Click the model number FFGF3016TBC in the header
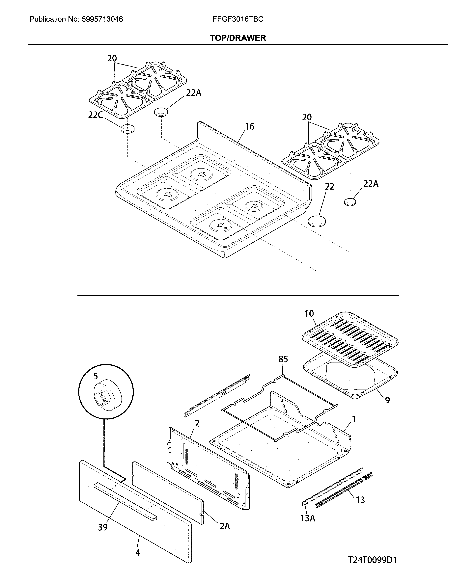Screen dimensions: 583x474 click(x=238, y=19)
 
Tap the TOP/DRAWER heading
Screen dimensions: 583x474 click(x=238, y=38)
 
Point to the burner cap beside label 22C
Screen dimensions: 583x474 click(x=127, y=129)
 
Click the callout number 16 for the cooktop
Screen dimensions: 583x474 click(x=249, y=126)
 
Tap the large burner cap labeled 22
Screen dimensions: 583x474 click(x=317, y=221)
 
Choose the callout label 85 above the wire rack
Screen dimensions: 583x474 click(x=283, y=359)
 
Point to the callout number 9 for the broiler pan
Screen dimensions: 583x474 click(x=387, y=400)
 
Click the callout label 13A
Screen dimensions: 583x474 click(x=308, y=518)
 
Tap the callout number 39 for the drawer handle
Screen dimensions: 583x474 click(x=103, y=527)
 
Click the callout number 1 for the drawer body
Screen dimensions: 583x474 click(x=354, y=419)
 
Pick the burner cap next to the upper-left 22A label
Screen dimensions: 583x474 click(x=161, y=112)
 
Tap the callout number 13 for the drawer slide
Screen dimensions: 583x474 click(x=360, y=500)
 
